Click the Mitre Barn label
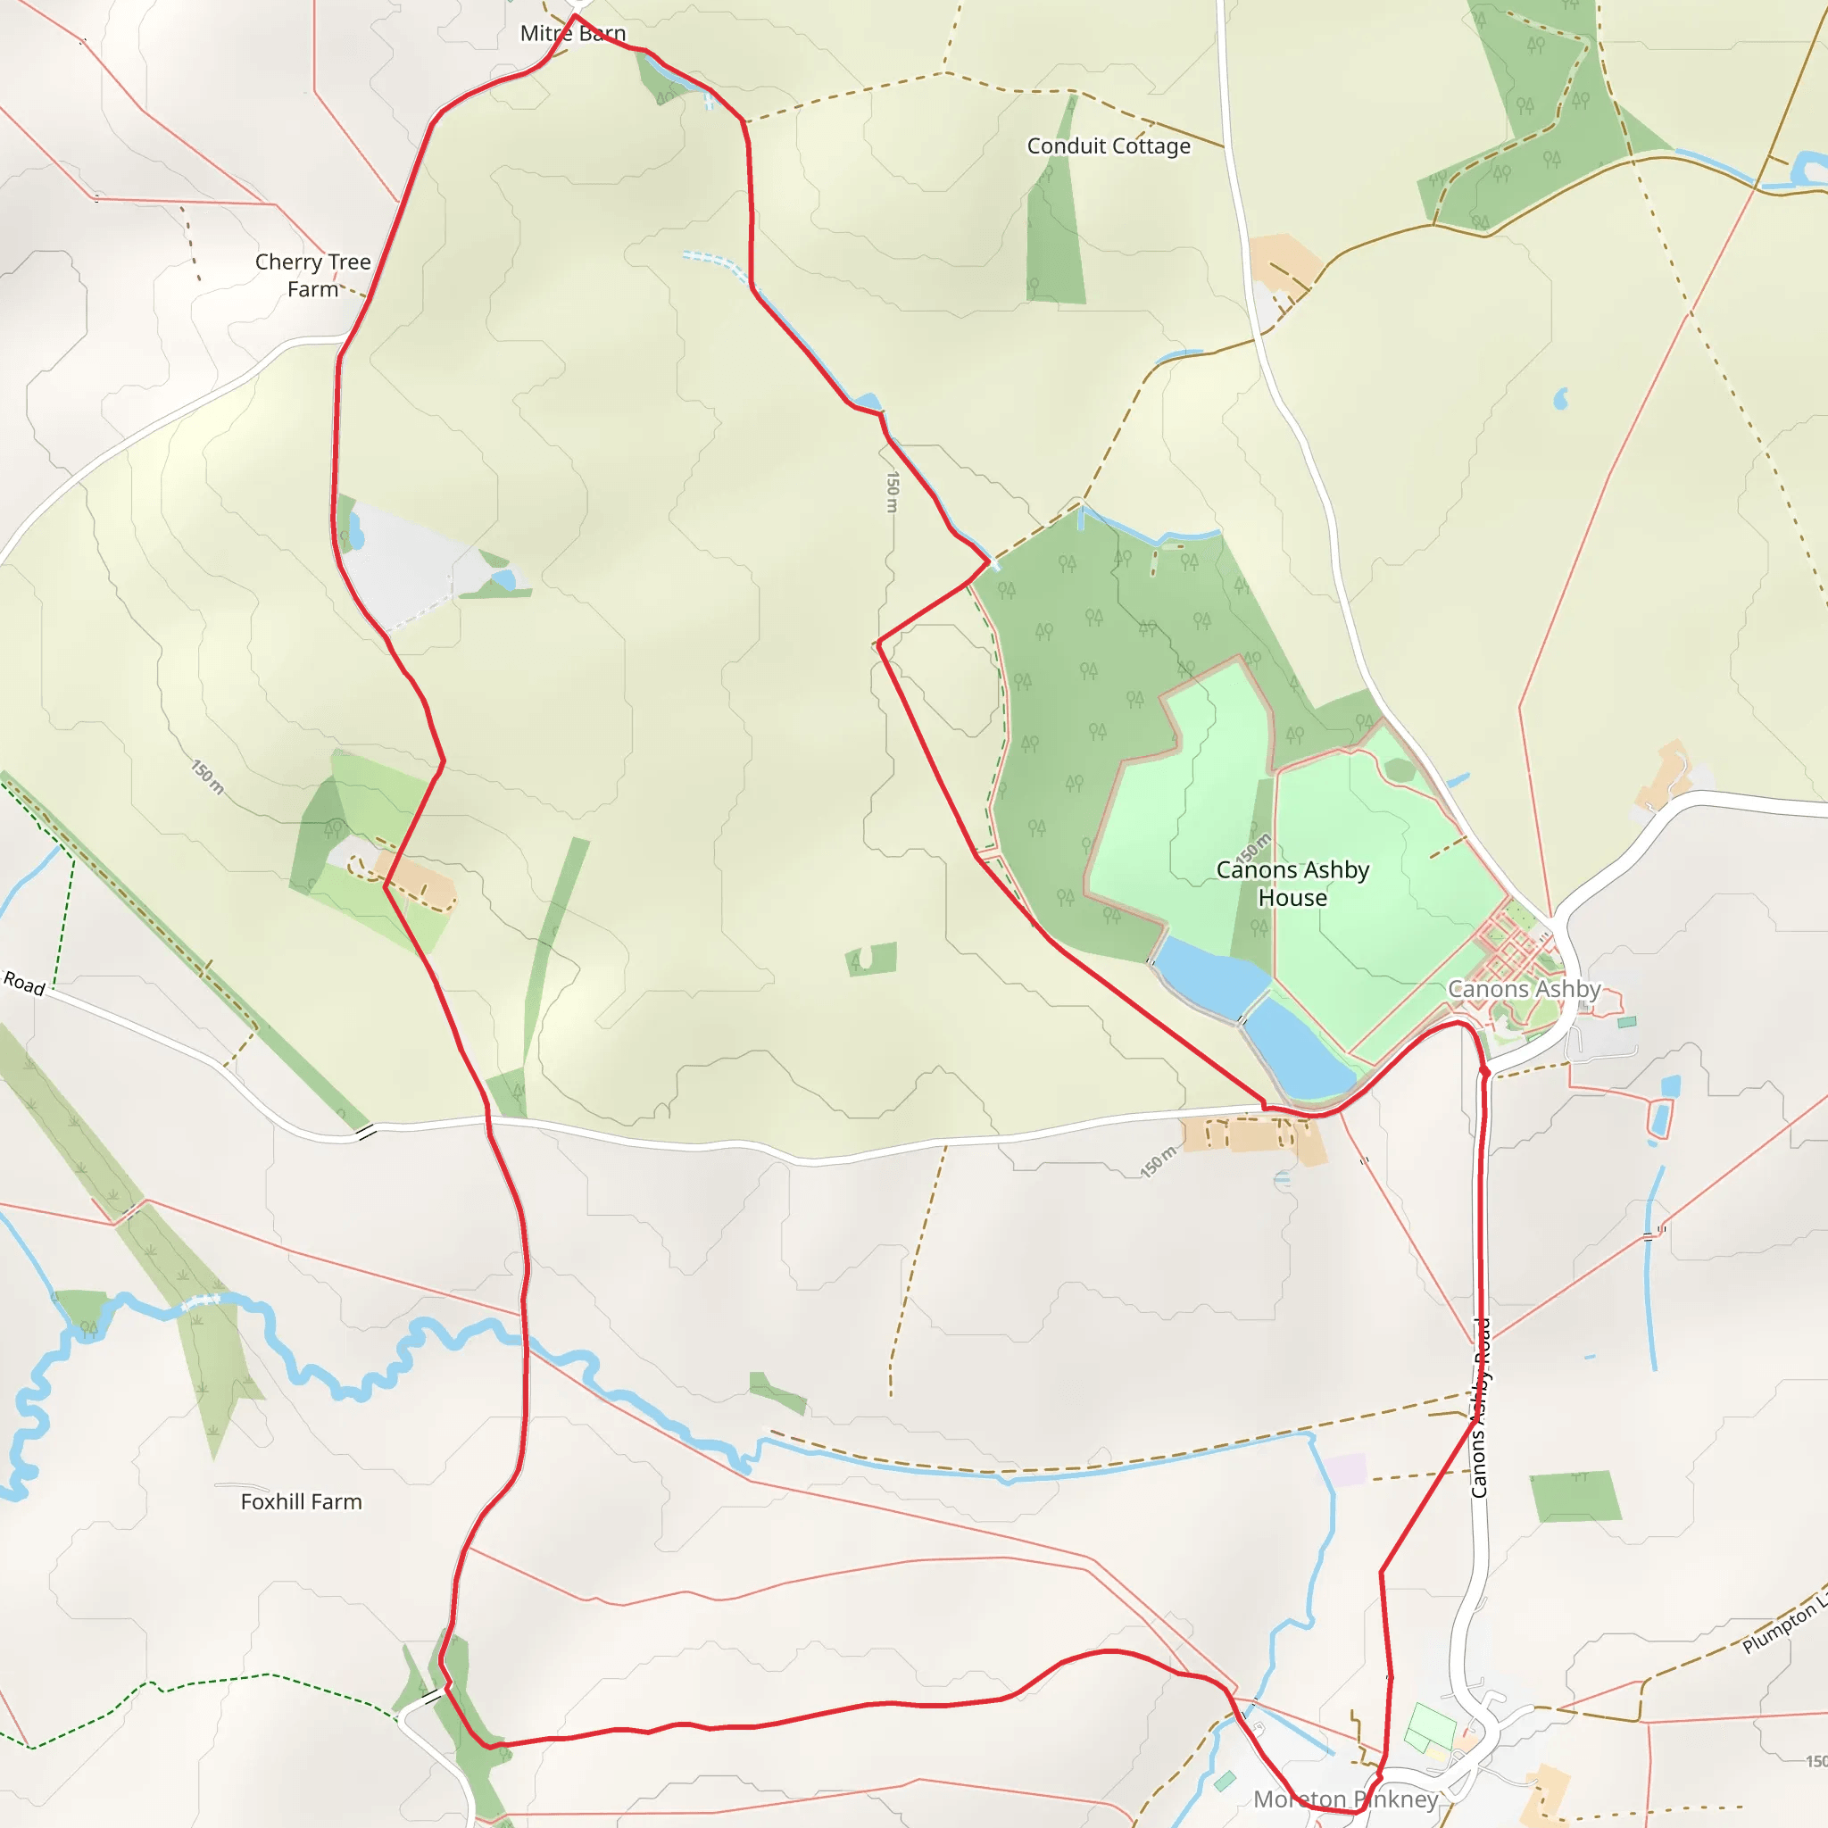pyautogui.click(x=572, y=34)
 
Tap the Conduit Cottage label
pyautogui.click(x=1108, y=145)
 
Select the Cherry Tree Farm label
pyautogui.click(x=313, y=274)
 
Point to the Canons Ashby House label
pyautogui.click(x=1292, y=883)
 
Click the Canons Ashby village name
pyautogui.click(x=1524, y=989)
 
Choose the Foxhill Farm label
pyautogui.click(x=301, y=1501)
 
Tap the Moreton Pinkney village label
pyautogui.click(x=1344, y=1799)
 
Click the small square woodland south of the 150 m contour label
pyautogui.click(x=871, y=959)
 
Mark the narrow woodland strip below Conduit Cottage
pyautogui.click(x=1054, y=227)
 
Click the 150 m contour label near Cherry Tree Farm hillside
pyautogui.click(x=208, y=777)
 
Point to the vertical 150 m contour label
pyautogui.click(x=892, y=492)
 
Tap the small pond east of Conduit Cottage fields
pyautogui.click(x=1560, y=399)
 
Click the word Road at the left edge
pyautogui.click(x=24, y=983)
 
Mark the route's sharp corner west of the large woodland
pyautogui.click(x=879, y=644)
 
